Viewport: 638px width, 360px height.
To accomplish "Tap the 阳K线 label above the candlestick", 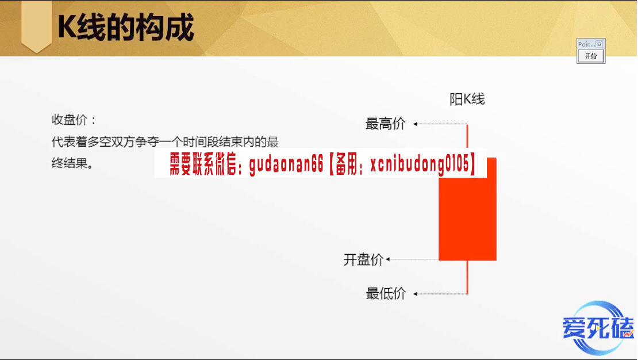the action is pyautogui.click(x=467, y=99).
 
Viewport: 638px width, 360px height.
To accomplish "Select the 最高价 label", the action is pyautogui.click(x=385, y=124).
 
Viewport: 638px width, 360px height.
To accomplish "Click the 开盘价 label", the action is pyautogui.click(x=363, y=259).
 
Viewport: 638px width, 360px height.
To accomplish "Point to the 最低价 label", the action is pyautogui.click(x=386, y=293).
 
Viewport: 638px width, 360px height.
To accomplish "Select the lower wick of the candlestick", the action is pyautogui.click(x=467, y=277).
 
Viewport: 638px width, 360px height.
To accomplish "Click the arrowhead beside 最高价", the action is pyautogui.click(x=416, y=124).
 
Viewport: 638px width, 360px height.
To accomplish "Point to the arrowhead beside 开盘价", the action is pyautogui.click(x=388, y=259).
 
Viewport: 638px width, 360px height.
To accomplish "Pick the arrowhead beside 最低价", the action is pyautogui.click(x=416, y=294).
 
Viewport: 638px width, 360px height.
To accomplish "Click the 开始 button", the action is pyautogui.click(x=591, y=56).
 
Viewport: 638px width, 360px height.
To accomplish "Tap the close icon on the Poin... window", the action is pyautogui.click(x=599, y=44).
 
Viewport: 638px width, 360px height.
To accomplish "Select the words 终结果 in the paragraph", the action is pyautogui.click(x=70, y=163).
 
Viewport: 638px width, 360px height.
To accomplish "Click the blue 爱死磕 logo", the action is pyautogui.click(x=598, y=328).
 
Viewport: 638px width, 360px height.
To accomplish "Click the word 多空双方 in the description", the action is pyautogui.click(x=111, y=141).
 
